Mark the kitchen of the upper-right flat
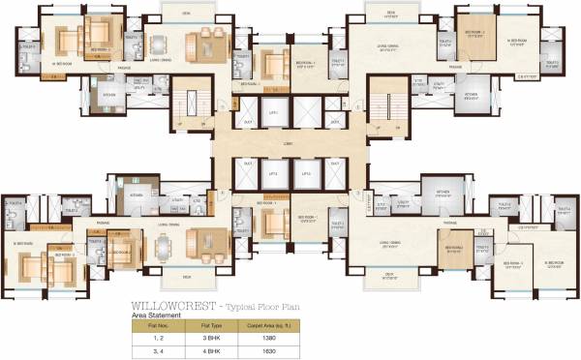point(472,95)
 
